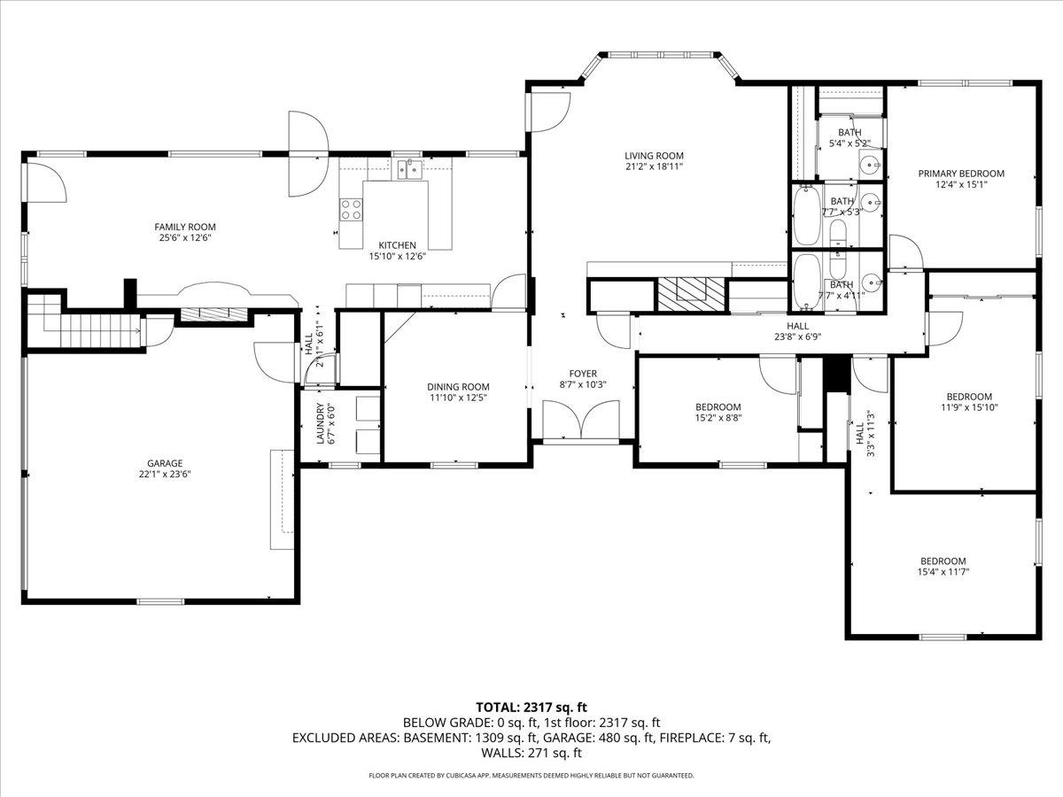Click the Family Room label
click(185, 227)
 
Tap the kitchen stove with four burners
click(351, 210)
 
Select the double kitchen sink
click(410, 169)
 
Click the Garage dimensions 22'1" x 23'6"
click(165, 475)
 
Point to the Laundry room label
click(320, 423)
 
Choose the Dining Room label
click(458, 387)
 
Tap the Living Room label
click(654, 156)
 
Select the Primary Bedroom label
click(961, 174)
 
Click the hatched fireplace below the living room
click(691, 294)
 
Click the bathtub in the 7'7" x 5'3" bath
click(806, 216)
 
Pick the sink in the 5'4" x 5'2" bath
click(871, 165)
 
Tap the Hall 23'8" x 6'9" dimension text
click(797, 337)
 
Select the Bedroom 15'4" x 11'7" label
click(943, 567)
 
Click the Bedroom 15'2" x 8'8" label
click(718, 413)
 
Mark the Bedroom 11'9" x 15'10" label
click(969, 402)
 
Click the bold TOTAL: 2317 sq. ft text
click(531, 708)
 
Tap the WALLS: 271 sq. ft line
click(531, 753)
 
